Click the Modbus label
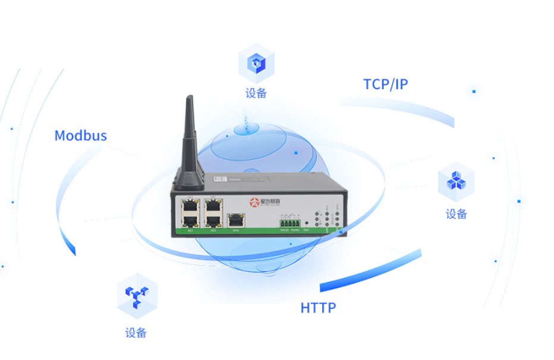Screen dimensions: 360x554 coord(81,135)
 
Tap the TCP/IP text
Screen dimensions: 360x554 coord(386,84)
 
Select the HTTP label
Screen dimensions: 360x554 coord(318,308)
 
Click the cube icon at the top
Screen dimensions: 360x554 coord(256,63)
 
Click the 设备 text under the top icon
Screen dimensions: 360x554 coord(256,93)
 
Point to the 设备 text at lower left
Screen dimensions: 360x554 coord(136,333)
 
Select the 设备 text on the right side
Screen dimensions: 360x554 coord(456,214)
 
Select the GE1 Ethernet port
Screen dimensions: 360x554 coord(190,220)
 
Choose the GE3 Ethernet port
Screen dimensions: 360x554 coord(213,220)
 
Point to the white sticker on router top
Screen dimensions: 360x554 coord(218,177)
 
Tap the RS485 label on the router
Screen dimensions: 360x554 coord(295,229)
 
